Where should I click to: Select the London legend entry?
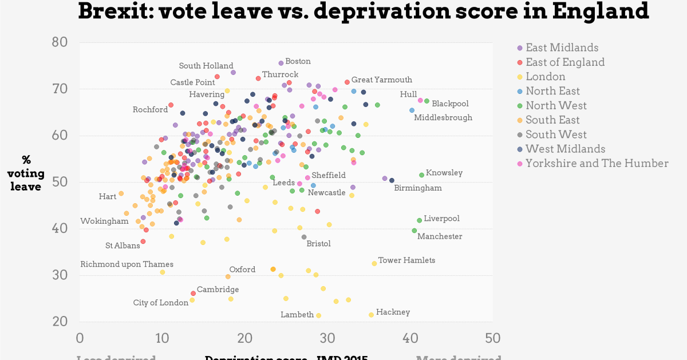coord(545,77)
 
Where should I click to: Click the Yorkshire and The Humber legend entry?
coord(597,163)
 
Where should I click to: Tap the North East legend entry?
coord(552,91)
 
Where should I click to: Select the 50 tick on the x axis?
coord(491,338)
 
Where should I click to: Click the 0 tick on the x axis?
coord(80,338)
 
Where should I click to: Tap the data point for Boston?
coord(281,63)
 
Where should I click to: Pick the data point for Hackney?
coord(371,315)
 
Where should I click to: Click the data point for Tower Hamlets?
coord(374,263)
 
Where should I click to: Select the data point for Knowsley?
coord(421,175)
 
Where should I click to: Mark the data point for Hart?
coord(121,193)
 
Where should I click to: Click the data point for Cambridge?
coord(193,293)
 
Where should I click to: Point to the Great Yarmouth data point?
coord(347,82)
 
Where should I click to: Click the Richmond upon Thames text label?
coord(127,264)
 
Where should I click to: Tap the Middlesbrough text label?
coord(443,118)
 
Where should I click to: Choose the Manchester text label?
coord(439,236)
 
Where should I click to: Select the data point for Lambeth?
coord(318,315)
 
